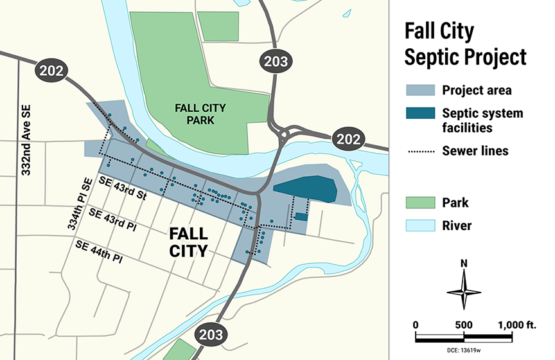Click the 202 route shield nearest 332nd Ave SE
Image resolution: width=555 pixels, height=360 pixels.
coord(51,71)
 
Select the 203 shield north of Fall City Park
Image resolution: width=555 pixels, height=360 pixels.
coord(275,62)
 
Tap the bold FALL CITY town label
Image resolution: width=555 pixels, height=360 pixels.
coord(188,241)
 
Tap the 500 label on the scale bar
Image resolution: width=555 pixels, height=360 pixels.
coord(464,325)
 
